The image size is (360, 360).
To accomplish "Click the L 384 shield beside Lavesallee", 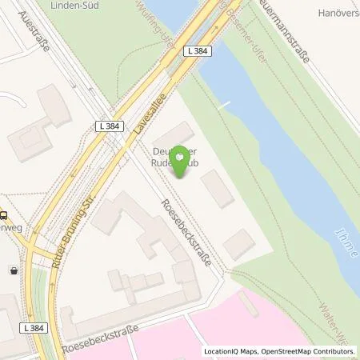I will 110,126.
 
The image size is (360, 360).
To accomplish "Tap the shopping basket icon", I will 14,270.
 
